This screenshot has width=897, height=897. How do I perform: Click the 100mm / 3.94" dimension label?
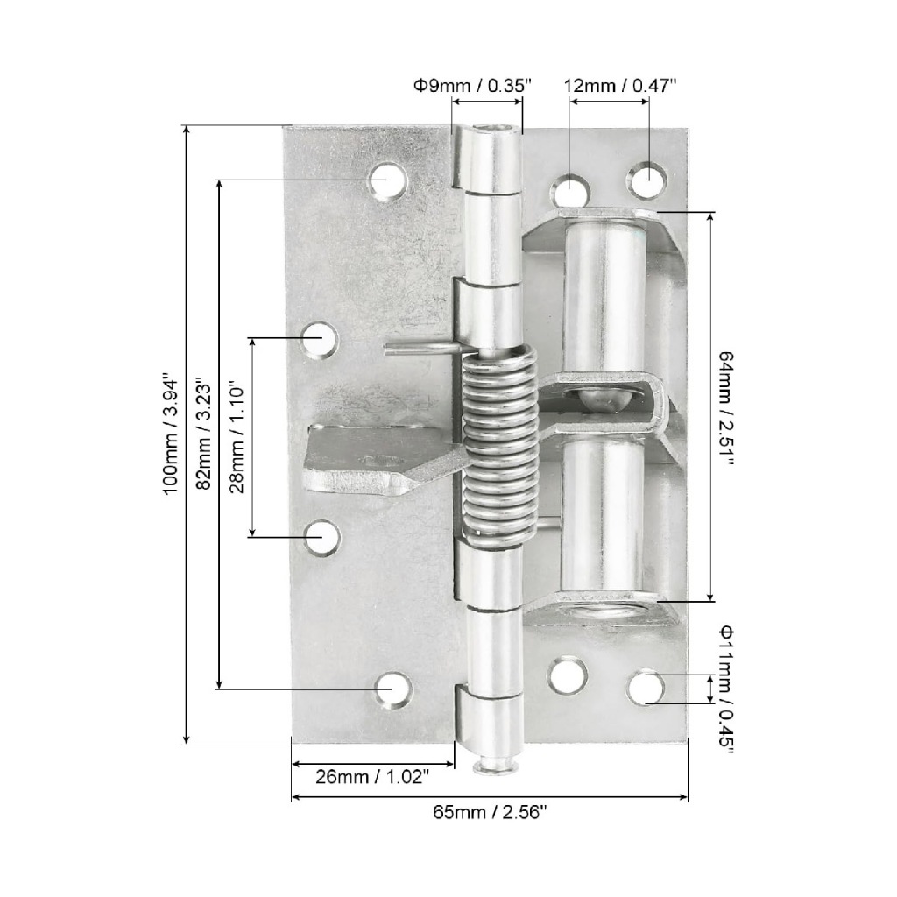pos(171,435)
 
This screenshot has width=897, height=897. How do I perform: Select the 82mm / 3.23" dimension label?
pos(203,433)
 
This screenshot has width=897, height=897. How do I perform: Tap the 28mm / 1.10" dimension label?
pos(236,437)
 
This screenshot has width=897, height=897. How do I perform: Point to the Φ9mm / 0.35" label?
pos(473,86)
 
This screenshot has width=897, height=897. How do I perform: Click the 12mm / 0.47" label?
pos(620,86)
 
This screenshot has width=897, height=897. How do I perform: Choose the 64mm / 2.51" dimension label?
pos(725,408)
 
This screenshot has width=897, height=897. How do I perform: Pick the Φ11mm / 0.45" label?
pos(725,690)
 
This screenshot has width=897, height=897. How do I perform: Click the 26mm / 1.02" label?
pos(372,777)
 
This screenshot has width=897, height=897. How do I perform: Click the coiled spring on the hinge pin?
pos(499,446)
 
